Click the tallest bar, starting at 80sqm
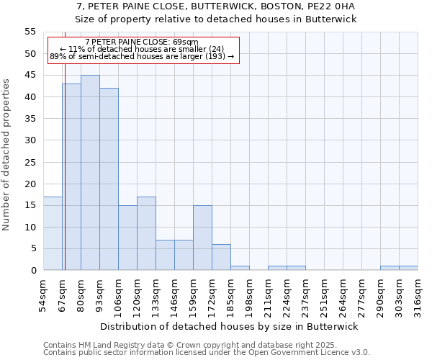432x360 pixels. tap(90, 173)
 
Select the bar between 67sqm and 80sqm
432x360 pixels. tap(71, 177)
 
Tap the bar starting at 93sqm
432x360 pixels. tap(109, 179)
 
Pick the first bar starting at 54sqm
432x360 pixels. tap(53, 233)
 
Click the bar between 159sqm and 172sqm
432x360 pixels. tap(202, 238)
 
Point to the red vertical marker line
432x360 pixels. tap(64, 158)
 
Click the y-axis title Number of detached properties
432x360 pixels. tap(7, 155)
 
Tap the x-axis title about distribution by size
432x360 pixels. tap(229, 326)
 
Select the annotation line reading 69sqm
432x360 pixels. tap(141, 42)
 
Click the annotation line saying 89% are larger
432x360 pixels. tap(142, 56)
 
